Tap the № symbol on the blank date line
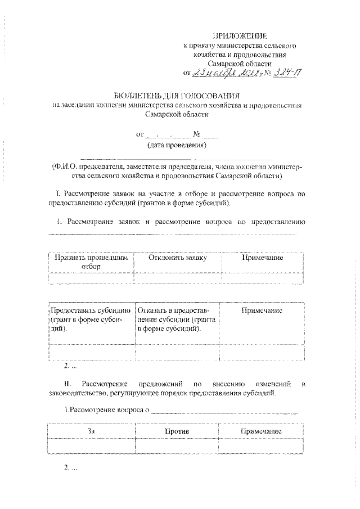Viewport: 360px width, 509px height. coord(197,135)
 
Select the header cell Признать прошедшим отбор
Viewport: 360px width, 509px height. coord(90,262)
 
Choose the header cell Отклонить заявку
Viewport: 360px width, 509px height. coord(178,258)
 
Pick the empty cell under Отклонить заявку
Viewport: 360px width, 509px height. coord(178,278)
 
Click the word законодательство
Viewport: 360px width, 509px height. coord(78,394)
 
